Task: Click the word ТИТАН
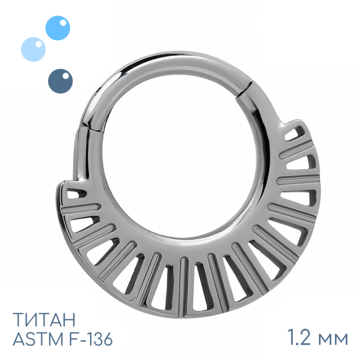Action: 44,319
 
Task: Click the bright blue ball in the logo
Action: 58,28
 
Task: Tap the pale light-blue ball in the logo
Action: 33,49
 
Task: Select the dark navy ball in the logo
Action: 60,81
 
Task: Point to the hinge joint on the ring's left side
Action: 91,128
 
